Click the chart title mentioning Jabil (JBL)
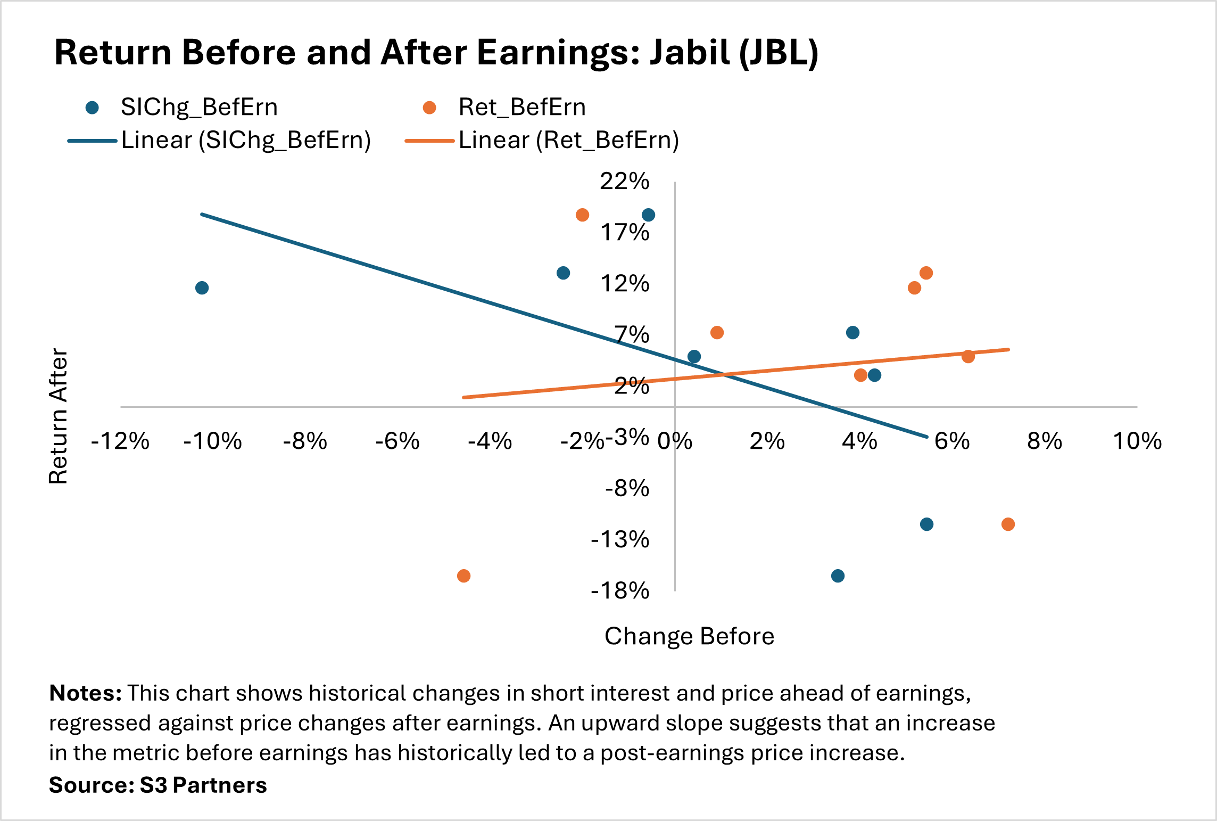click(436, 53)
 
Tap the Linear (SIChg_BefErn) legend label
click(246, 141)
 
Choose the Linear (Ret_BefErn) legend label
click(568, 141)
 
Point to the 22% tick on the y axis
click(625, 182)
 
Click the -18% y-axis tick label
click(620, 591)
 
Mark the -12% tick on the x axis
click(120, 441)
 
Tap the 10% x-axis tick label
click(1137, 441)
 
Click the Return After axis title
click(59, 416)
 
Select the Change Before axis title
click(689, 636)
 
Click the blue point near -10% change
click(202, 288)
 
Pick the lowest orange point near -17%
click(463, 576)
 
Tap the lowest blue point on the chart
click(838, 576)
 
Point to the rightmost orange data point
click(1008, 524)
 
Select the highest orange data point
click(582, 215)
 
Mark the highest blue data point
click(648, 215)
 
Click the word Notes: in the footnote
click(86, 693)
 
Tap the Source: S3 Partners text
click(158, 785)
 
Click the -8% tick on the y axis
click(627, 488)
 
